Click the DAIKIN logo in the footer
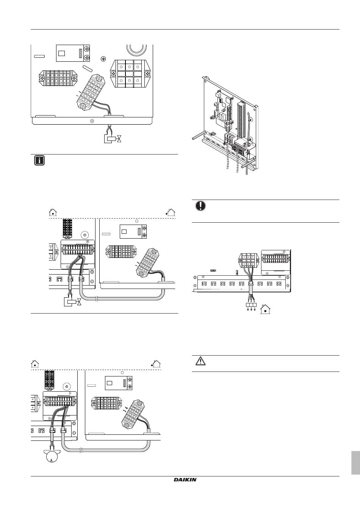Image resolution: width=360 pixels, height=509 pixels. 185,480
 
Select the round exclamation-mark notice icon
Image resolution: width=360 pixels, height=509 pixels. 200,205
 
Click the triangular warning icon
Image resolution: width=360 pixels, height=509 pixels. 200,361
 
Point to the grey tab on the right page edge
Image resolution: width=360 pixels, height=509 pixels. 355,462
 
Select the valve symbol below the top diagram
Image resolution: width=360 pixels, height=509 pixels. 114,139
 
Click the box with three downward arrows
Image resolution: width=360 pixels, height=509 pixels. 251,306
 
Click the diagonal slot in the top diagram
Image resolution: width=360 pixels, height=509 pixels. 88,69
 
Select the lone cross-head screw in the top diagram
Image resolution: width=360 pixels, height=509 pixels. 103,59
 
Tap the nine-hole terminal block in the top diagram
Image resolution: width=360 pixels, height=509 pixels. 129,74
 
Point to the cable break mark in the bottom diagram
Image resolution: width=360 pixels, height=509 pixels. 81,451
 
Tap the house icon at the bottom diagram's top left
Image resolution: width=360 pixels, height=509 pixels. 35,364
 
